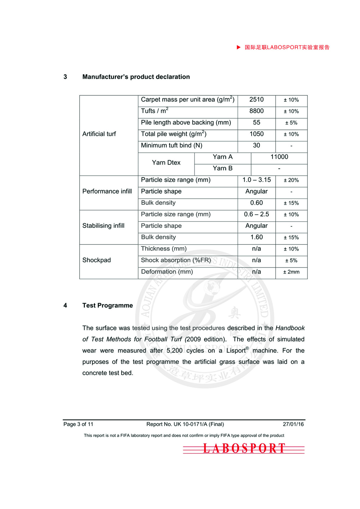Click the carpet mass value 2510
[256, 100]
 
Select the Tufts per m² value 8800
[256, 111]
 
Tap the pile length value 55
[256, 123]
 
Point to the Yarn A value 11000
[279, 157]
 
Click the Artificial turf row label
[99, 134]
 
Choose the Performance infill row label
[107, 192]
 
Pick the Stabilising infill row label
[103, 226]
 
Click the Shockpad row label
[96, 260]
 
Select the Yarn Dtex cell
[166, 163]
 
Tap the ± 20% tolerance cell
[291, 180]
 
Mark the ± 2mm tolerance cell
[291, 272]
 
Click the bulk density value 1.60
[256, 237]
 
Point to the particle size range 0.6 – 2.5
[256, 215]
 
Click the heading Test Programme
[107, 306]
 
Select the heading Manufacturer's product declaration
[136, 77]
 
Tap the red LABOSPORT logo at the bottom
[244, 449]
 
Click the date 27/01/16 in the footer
[293, 424]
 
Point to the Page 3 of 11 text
[78, 424]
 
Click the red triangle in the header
[238, 47]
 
